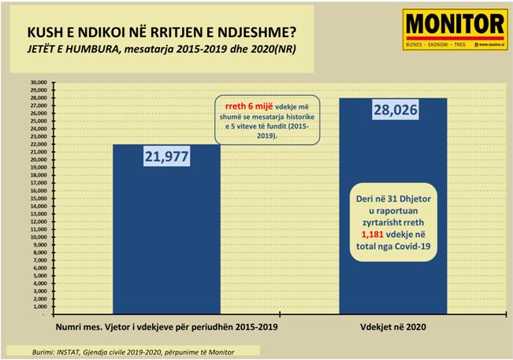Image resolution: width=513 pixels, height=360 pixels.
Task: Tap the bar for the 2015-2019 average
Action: [x=166, y=236]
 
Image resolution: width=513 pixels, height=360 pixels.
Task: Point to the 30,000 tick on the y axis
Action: [x=37, y=81]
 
